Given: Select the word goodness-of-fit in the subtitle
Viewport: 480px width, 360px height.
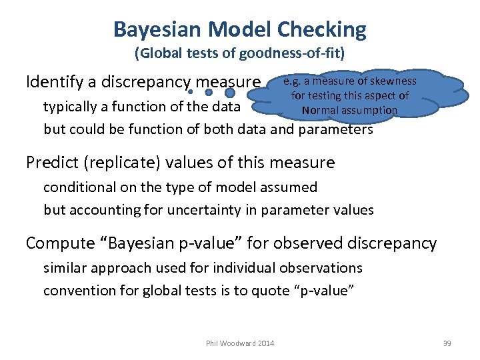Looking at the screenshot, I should pyautogui.click(x=294, y=51).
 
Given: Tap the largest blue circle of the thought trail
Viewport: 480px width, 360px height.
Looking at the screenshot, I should pyautogui.click(x=230, y=93).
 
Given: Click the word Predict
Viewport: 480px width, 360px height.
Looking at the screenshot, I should pyautogui.click(x=53, y=162).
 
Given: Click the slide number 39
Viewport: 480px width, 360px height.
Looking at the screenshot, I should pyautogui.click(x=447, y=343).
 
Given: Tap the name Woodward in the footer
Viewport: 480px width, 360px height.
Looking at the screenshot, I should pyautogui.click(x=237, y=343).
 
